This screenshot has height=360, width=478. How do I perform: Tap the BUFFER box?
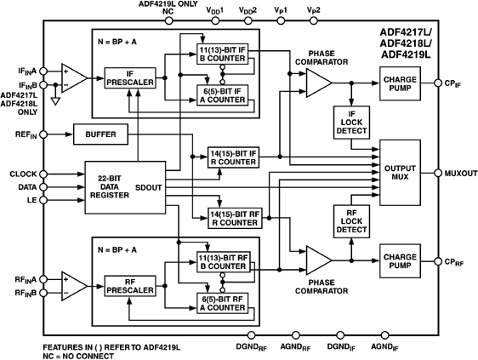[100, 134]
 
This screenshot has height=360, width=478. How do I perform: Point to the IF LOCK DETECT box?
[350, 125]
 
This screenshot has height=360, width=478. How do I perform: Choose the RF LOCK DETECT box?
[350, 222]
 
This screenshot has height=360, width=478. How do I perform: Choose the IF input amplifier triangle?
[71, 78]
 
